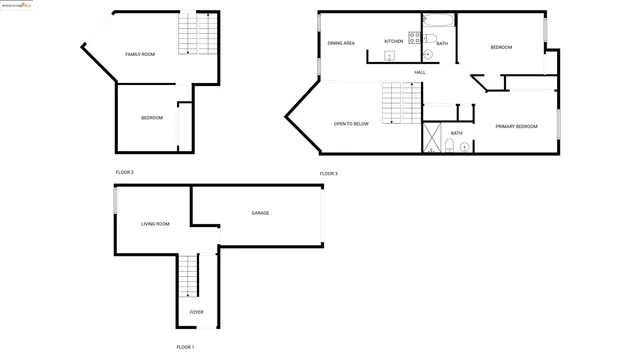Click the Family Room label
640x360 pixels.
pyautogui.click(x=140, y=54)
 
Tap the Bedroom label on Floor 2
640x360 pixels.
pyautogui.click(x=152, y=118)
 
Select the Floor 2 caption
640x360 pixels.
pyautogui.click(x=124, y=172)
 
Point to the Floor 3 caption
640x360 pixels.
pyautogui.click(x=329, y=174)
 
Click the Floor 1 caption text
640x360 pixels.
pyautogui.click(x=185, y=346)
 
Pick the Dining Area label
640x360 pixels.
pyautogui.click(x=342, y=43)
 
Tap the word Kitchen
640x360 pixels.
pyautogui.click(x=393, y=41)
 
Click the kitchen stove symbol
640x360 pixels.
pyautogui.click(x=412, y=40)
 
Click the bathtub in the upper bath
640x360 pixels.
pyautogui.click(x=439, y=20)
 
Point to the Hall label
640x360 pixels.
pyautogui.click(x=420, y=72)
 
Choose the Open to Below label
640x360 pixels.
pyautogui.click(x=351, y=124)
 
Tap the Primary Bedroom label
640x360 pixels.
pyautogui.click(x=516, y=126)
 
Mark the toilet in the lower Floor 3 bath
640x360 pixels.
pyautogui.click(x=450, y=146)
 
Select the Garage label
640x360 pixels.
pyautogui.click(x=260, y=212)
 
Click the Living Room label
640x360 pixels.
pyautogui.click(x=155, y=224)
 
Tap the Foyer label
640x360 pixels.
pyautogui.click(x=196, y=312)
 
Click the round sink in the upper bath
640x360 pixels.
pyautogui.click(x=429, y=54)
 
